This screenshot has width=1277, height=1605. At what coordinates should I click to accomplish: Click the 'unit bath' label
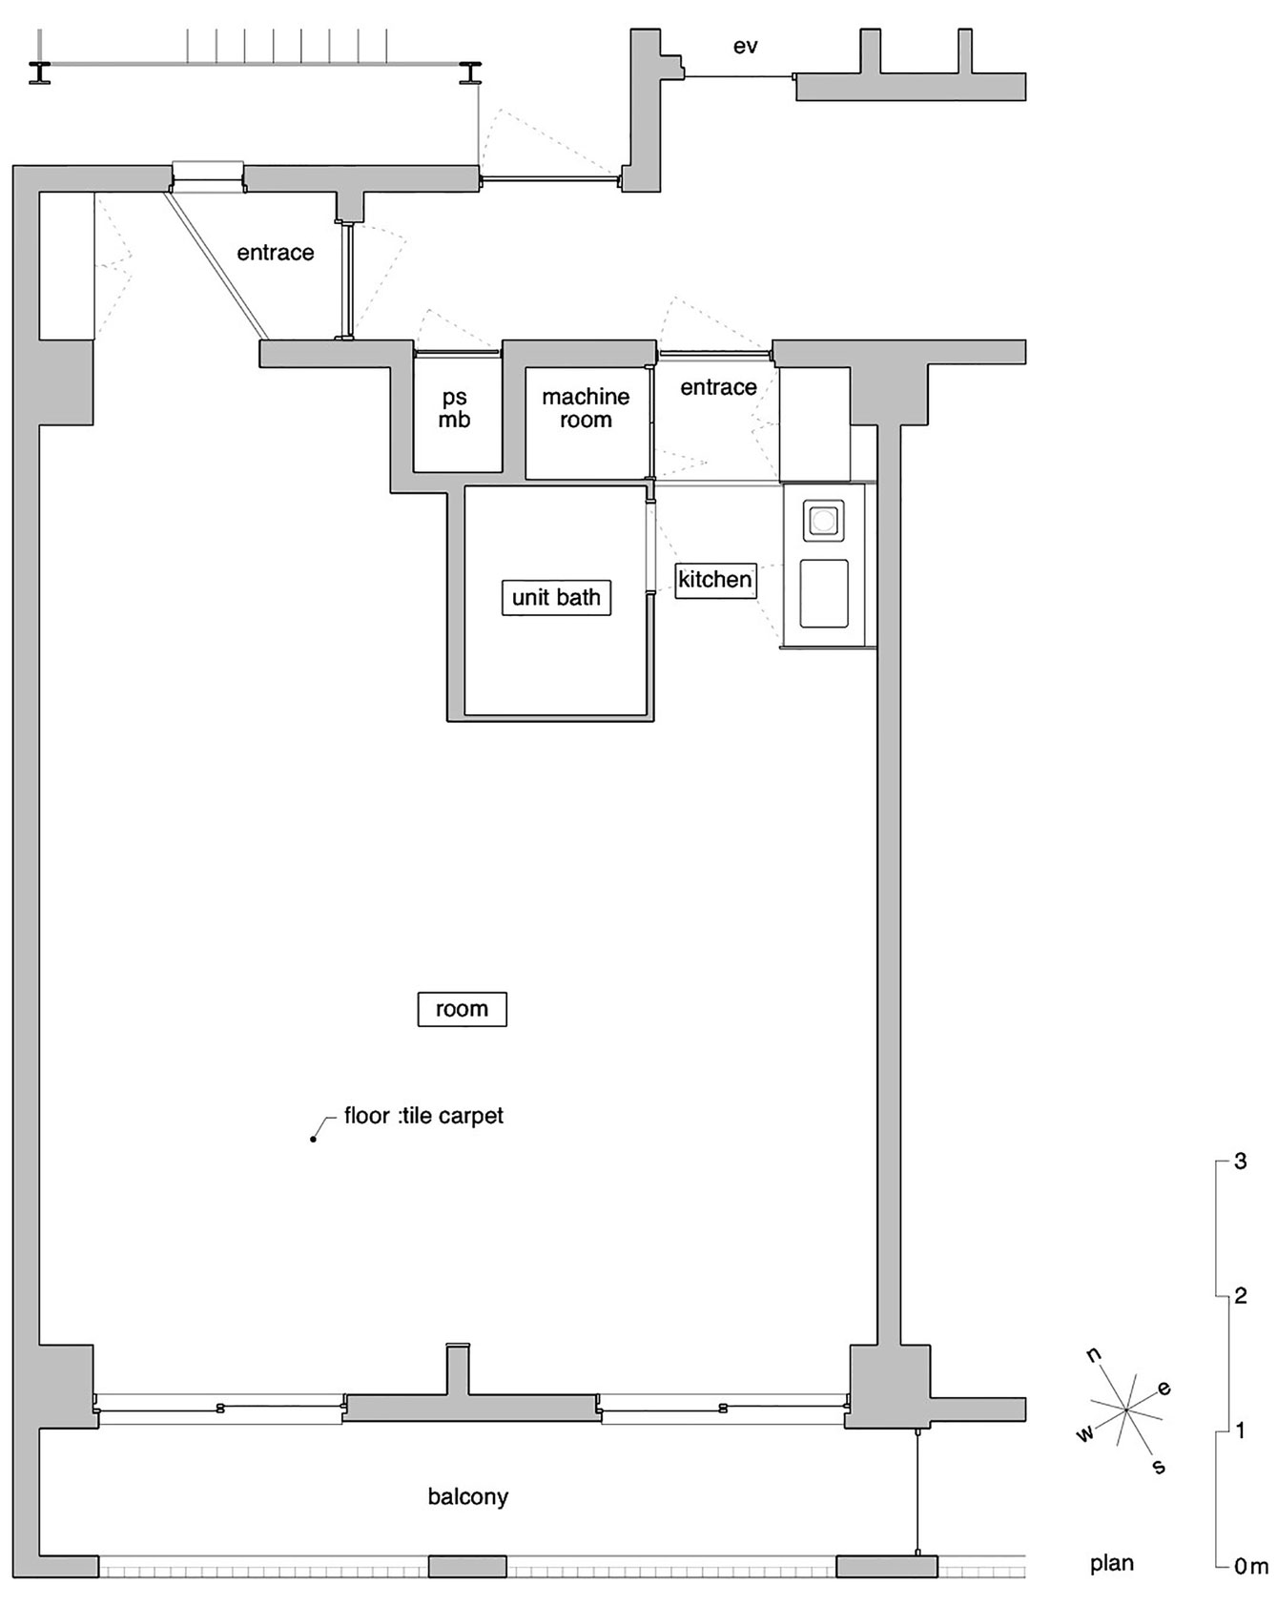click(556, 598)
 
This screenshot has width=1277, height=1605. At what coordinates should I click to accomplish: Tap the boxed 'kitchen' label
click(715, 580)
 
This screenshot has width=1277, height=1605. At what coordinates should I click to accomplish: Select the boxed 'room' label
click(462, 1009)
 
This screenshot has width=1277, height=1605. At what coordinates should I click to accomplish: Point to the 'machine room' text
click(586, 408)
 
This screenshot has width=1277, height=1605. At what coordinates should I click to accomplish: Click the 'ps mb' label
click(455, 408)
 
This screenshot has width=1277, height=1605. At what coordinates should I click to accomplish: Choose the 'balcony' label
click(468, 1496)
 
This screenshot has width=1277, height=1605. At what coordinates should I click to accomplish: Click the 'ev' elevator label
click(746, 46)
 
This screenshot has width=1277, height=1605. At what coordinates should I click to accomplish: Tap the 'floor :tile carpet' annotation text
click(423, 1115)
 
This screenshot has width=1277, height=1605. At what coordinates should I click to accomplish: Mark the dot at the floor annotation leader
click(313, 1139)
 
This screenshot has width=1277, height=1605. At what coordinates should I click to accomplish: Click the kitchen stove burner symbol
click(824, 521)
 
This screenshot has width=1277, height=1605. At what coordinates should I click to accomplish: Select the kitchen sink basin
click(824, 593)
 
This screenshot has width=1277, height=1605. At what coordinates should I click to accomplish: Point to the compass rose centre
click(1126, 1410)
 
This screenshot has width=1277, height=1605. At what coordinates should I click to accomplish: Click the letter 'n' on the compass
click(1094, 1355)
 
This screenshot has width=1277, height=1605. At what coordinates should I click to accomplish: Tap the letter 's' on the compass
click(1159, 1467)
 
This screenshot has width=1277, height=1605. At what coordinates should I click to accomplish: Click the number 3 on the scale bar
click(1241, 1162)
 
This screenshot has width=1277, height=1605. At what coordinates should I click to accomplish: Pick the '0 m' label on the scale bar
click(1251, 1566)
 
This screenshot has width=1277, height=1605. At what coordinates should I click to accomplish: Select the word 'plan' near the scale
click(1112, 1564)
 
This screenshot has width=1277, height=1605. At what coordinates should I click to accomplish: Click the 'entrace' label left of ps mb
click(276, 253)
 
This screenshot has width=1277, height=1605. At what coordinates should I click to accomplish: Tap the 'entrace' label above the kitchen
click(718, 387)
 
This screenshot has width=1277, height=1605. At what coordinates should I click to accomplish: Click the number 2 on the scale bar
click(1241, 1295)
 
